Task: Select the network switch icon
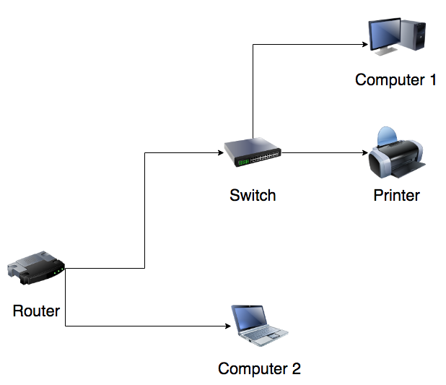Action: pos(252,152)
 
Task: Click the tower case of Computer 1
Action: pos(418,36)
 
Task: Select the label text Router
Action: pos(36,311)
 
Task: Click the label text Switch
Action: pos(253,195)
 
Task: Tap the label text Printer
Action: pos(396,195)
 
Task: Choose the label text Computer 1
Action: pos(395,79)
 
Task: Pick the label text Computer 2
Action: pos(259,369)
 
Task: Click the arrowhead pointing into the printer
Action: pos(364,152)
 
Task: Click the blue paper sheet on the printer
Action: pos(388,135)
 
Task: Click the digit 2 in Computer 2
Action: pos(295,369)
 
